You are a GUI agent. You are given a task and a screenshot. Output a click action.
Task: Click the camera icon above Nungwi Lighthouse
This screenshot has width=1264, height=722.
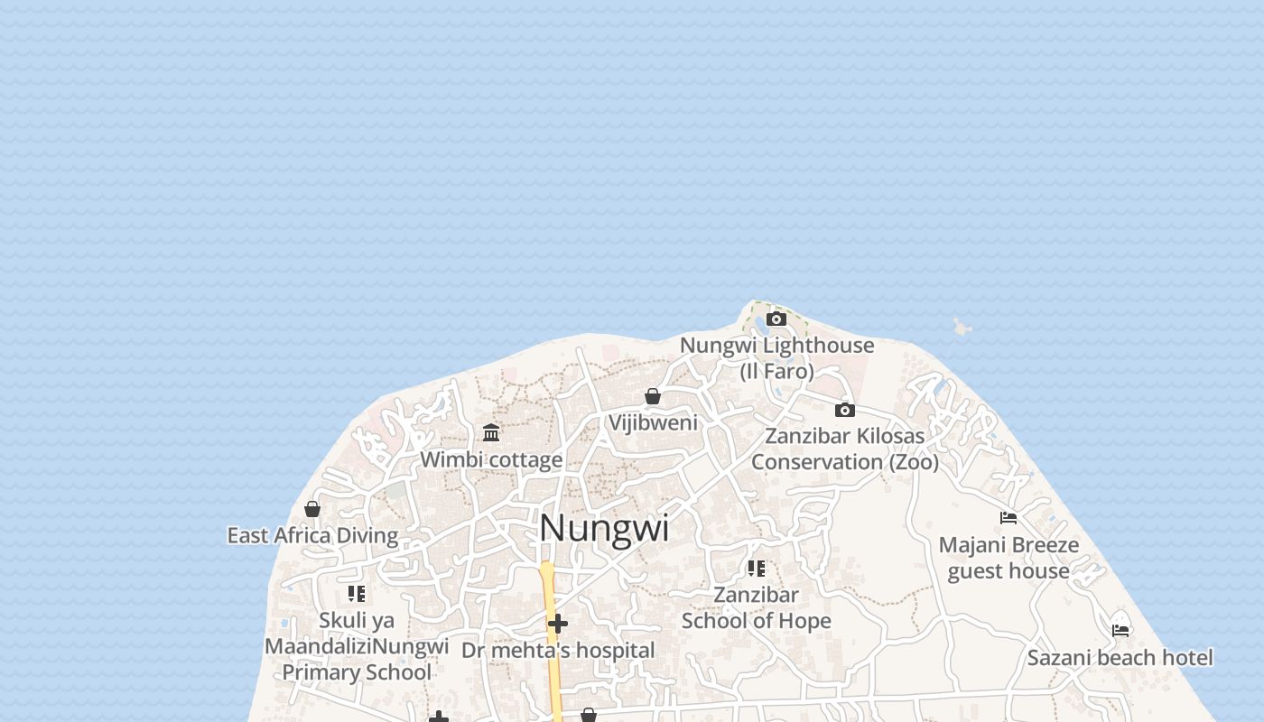pos(776,319)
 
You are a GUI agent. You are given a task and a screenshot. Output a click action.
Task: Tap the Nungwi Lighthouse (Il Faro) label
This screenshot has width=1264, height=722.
pos(776,357)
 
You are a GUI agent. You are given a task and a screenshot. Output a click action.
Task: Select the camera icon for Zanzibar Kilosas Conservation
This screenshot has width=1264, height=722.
pos(844,410)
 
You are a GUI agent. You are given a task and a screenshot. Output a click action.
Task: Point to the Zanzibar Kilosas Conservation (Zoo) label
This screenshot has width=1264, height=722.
pos(844,449)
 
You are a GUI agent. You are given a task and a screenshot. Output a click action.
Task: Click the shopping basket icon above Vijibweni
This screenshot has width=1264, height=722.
pos(653,396)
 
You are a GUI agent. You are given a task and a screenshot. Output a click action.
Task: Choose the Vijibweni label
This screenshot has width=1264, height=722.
pos(653,422)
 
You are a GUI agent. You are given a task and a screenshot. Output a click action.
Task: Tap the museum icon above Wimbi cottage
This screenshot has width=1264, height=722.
pos(491,432)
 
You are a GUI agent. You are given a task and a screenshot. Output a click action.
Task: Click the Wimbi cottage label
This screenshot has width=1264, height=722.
pos(491,459)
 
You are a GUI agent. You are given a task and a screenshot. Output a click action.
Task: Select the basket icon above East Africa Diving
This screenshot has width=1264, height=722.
pos(312,509)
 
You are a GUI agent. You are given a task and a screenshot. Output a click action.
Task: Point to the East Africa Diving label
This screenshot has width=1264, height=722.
pos(312,535)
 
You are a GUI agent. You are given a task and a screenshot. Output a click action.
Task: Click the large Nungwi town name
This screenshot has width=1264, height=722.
pos(604,528)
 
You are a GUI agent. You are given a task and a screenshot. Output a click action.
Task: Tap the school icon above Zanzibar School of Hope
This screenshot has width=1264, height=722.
pos(756,569)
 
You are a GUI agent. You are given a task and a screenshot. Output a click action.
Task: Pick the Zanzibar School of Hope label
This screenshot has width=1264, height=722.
pos(756,607)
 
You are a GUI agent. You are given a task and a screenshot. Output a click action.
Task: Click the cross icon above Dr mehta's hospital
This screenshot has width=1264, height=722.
pos(558,624)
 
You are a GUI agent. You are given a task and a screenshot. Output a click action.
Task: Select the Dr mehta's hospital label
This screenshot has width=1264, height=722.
pos(558,650)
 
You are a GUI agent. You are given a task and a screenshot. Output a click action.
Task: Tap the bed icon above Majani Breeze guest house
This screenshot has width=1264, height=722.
pos(1008,518)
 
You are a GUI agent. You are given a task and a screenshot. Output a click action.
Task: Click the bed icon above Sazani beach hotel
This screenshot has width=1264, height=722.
pos(1120,630)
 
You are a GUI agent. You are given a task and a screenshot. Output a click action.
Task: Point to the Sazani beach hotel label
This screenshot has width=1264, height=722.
pos(1120,658)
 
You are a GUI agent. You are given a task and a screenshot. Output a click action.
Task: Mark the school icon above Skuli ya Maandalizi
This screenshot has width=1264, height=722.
pos(357,594)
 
